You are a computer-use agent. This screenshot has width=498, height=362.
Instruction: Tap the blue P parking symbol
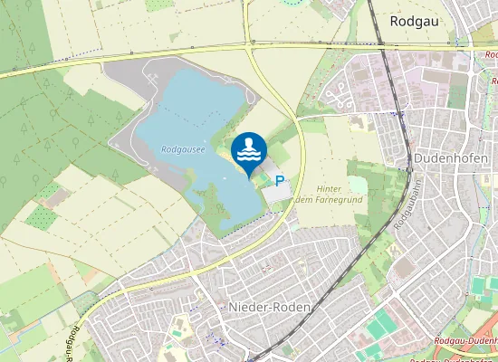click(280, 181)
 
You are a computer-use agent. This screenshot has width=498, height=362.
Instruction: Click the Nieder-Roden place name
click(271, 307)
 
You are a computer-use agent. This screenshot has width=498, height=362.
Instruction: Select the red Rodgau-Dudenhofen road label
click(466, 338)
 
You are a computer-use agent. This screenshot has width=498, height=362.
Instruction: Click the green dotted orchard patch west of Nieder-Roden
click(41, 217)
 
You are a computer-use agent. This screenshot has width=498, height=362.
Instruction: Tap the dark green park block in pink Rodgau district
click(458, 90)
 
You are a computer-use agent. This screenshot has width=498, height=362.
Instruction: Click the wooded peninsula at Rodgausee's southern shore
click(217, 208)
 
